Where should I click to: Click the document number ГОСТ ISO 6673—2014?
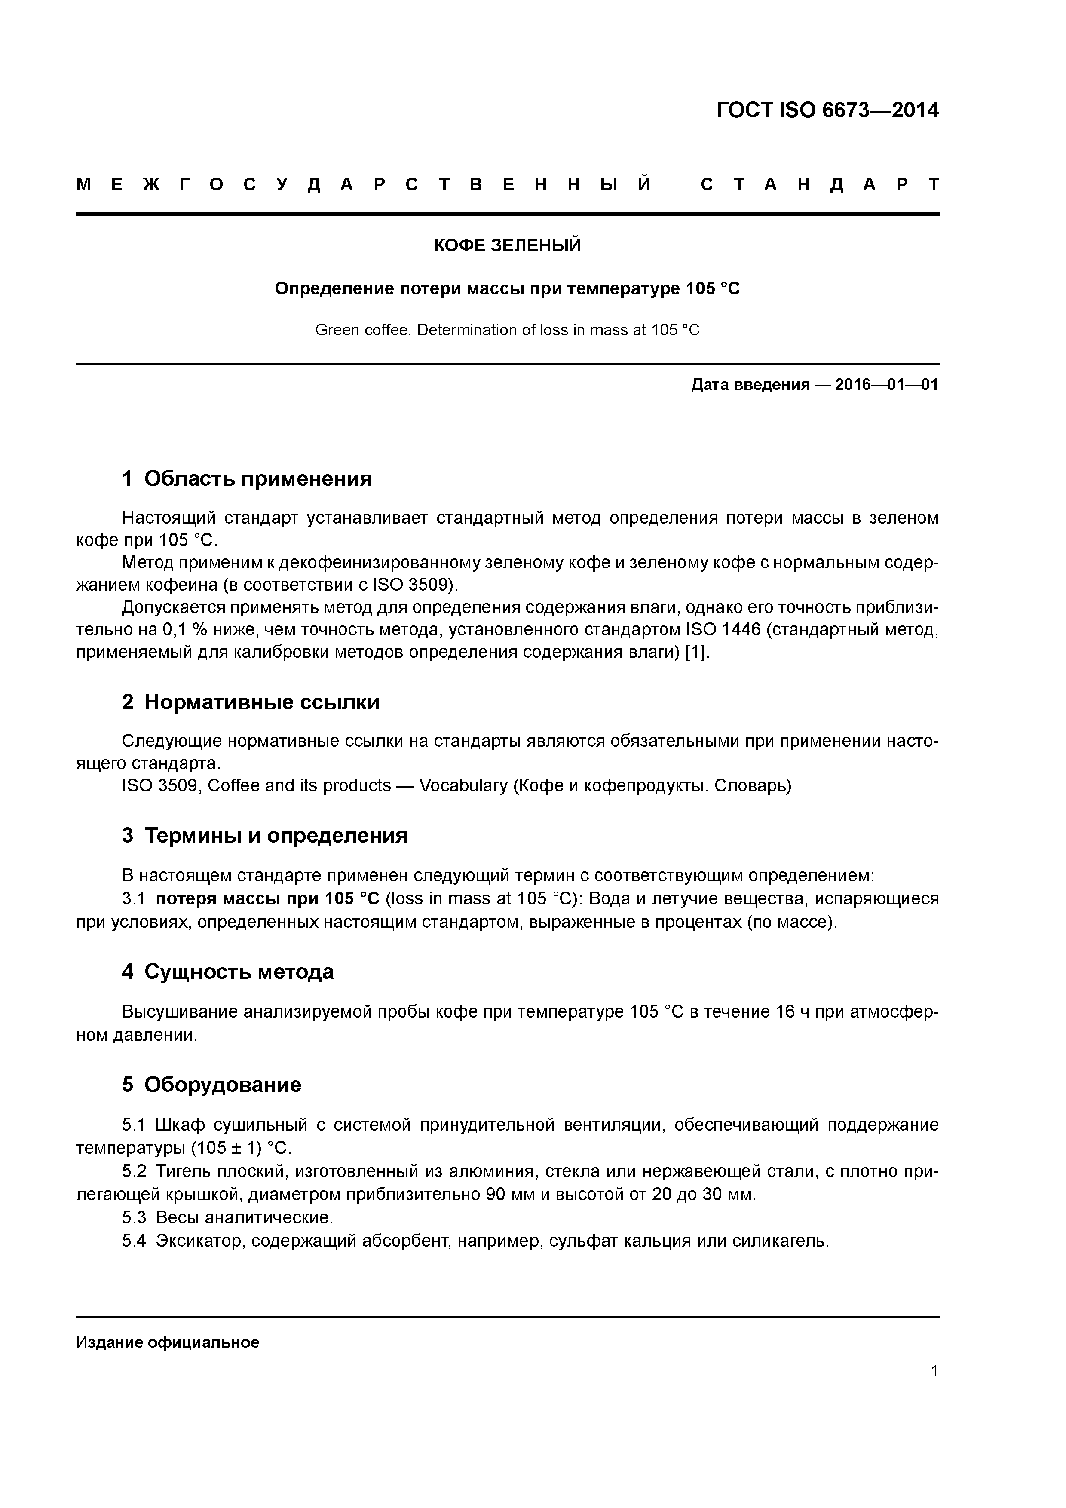tap(827, 110)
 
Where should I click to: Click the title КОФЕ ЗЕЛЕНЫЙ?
tap(507, 245)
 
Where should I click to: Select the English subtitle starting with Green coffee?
tap(507, 330)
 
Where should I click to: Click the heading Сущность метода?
tap(239, 972)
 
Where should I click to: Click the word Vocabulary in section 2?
tap(463, 785)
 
